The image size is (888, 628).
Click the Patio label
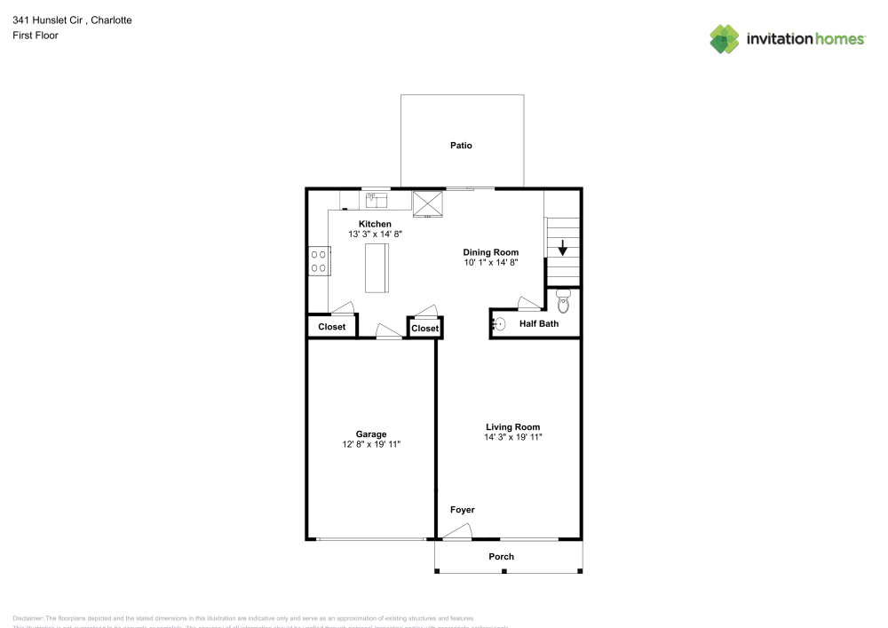[x=461, y=145]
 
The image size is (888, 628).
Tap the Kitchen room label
[x=374, y=224]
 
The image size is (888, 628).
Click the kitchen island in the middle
[x=377, y=267]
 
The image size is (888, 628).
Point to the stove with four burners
[x=318, y=261]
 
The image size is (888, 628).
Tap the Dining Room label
[x=490, y=252]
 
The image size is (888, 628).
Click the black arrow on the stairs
[x=562, y=250]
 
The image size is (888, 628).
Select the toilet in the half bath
[x=563, y=301]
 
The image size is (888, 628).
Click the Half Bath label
[x=539, y=324]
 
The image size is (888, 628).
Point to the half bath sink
[x=500, y=324]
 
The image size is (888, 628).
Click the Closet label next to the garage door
[x=332, y=327]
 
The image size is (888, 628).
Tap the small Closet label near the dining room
[x=425, y=329]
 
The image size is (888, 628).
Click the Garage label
[x=371, y=434]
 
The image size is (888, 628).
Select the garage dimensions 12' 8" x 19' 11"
[x=371, y=445]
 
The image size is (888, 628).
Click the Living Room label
[x=512, y=426]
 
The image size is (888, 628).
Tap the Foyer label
[x=463, y=510]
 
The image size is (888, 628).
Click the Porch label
[x=502, y=557]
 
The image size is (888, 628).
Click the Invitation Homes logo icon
[x=725, y=38]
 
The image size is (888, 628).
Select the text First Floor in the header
[x=36, y=36]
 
